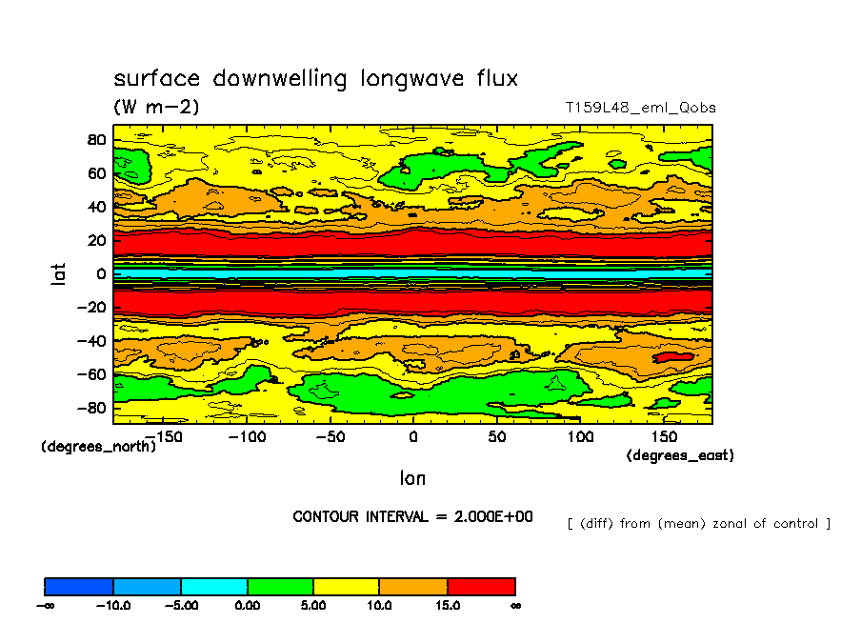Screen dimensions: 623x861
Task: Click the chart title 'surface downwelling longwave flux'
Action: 316,78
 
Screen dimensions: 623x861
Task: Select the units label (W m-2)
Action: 157,107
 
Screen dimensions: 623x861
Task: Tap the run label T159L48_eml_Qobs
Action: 640,108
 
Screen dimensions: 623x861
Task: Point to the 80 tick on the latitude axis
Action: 96,140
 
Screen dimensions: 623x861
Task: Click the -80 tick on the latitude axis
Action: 92,409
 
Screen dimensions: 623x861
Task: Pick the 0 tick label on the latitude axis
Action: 100,274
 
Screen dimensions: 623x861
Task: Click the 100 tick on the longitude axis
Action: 580,436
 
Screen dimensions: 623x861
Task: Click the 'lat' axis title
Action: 59,274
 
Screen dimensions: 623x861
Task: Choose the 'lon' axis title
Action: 412,477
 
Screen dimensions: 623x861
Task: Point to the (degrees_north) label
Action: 98,447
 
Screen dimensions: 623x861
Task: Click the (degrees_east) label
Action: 679,456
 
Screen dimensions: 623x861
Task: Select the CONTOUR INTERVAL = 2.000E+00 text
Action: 412,517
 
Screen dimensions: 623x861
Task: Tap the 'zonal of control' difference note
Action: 698,523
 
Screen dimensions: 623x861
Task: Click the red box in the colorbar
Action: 481,586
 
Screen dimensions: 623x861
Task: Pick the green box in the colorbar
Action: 280,586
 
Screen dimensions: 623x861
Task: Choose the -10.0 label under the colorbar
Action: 113,605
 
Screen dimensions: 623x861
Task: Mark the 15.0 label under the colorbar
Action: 447,605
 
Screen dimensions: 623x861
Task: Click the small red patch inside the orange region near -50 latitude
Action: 673,355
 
